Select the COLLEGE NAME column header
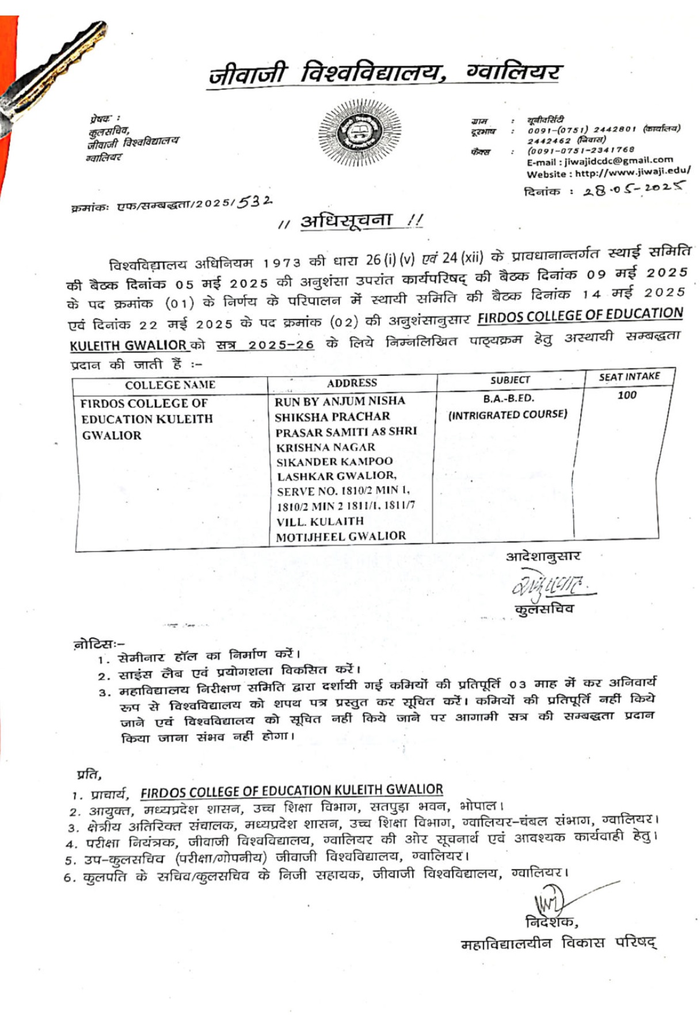coord(170,385)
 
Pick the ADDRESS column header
coord(352,383)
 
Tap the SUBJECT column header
coord(510,380)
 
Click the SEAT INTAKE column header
coord(629,376)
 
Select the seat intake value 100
coord(627,395)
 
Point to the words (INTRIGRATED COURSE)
coord(508,414)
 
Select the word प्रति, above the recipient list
coord(89,774)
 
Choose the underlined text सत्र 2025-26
coord(265,345)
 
